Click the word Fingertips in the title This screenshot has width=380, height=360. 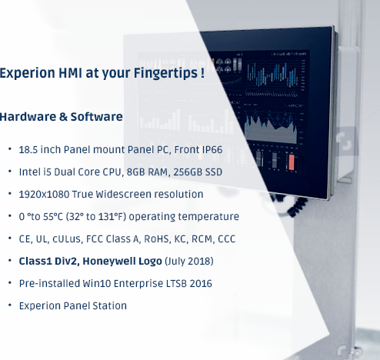pyautogui.click(x=165, y=73)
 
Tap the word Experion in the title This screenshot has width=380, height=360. pyautogui.click(x=27, y=73)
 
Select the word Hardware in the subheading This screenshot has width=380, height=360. pyautogui.click(x=28, y=117)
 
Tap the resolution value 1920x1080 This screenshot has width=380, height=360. pyautogui.click(x=44, y=195)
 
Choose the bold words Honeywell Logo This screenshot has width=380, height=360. pyautogui.click(x=122, y=262)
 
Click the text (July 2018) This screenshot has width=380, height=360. pyautogui.click(x=189, y=262)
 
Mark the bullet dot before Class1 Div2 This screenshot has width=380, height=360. pyautogui.click(x=10, y=261)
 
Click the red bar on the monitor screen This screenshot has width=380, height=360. pyautogui.click(x=292, y=162)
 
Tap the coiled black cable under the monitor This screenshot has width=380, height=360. pyautogui.click(x=296, y=205)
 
